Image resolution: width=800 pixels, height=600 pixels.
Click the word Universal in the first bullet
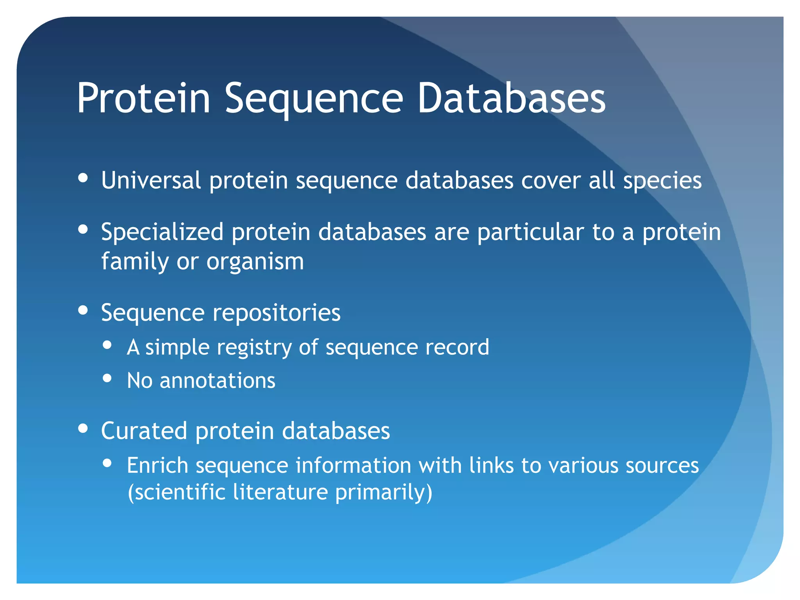(151, 180)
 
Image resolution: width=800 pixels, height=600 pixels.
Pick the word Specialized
(162, 233)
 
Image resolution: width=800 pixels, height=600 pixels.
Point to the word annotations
(217, 380)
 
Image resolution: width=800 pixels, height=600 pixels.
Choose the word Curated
(144, 431)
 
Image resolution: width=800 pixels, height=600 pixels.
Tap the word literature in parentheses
(280, 492)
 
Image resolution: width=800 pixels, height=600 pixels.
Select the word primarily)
(384, 493)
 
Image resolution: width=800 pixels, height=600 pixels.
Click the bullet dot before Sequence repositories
(83, 311)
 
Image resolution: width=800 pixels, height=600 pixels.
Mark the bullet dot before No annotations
(107, 378)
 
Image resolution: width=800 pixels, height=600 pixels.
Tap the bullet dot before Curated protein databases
(83, 429)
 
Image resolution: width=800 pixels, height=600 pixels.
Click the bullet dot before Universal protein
(83, 178)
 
